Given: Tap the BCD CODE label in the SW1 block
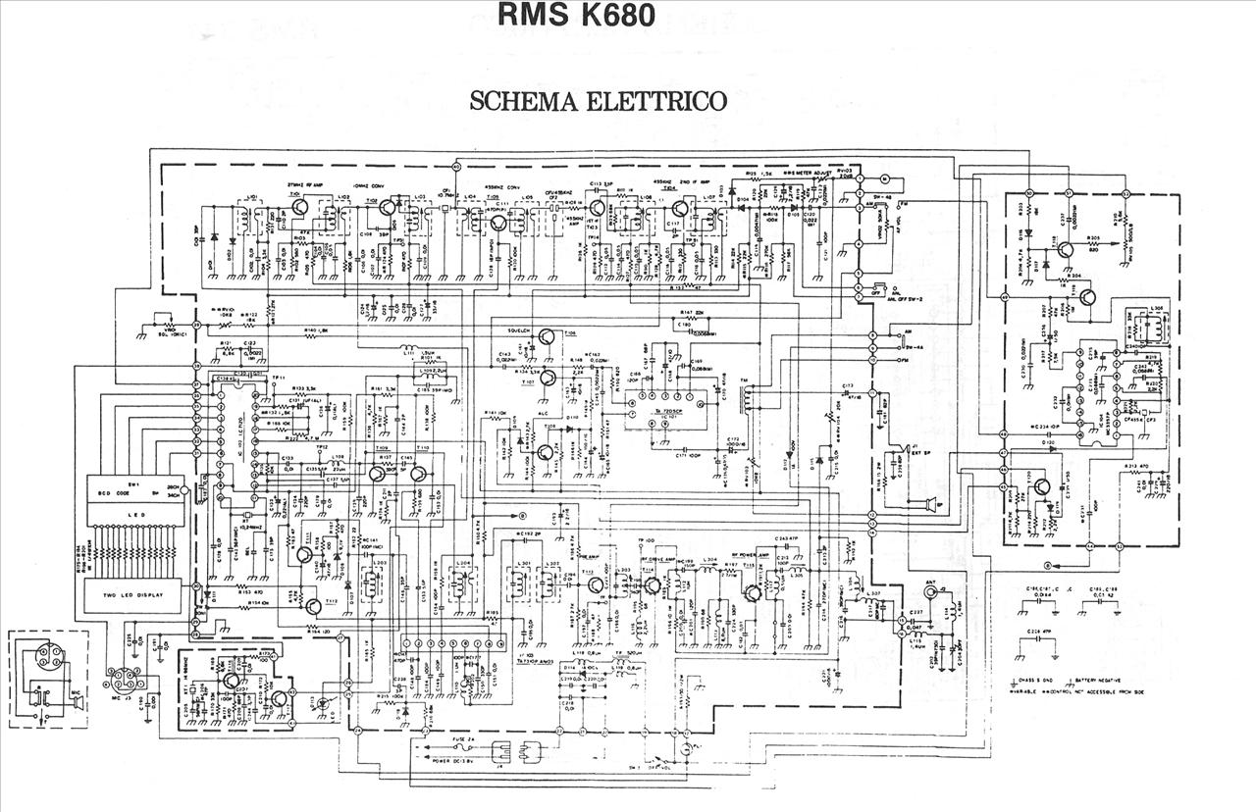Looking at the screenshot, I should pos(116,492).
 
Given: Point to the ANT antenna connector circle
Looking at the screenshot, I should pos(930,594).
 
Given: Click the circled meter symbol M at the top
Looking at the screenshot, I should pos(883,178).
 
